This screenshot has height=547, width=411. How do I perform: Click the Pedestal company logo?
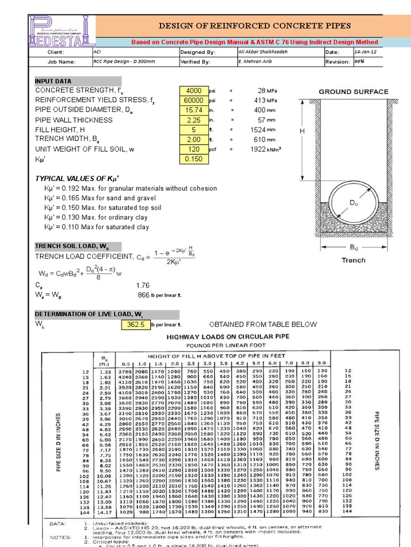point(62,30)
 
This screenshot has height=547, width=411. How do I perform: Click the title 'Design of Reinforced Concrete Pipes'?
point(254,26)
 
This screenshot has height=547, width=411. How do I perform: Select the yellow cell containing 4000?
point(194,90)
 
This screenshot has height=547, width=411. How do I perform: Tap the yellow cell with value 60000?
point(194,100)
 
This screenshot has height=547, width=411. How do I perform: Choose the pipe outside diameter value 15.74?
point(194,110)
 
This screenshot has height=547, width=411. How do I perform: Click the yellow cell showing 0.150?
point(194,159)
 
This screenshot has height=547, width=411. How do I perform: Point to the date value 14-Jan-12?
point(366,52)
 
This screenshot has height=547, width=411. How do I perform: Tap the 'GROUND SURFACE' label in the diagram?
point(354,91)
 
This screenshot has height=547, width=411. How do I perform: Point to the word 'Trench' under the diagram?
point(353,260)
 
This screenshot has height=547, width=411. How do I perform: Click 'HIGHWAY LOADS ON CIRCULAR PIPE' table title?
point(229,337)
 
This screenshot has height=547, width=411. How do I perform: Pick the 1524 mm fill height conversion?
point(262,130)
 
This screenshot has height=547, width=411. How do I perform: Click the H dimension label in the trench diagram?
point(302,131)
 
